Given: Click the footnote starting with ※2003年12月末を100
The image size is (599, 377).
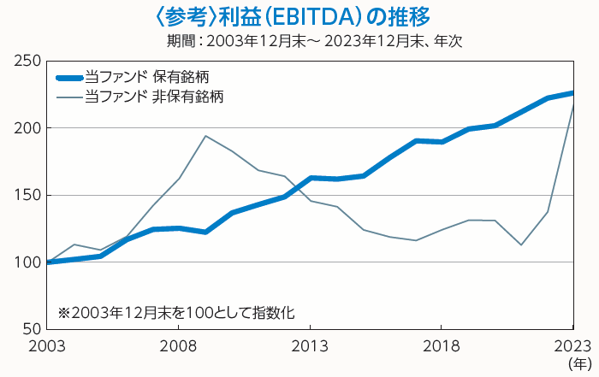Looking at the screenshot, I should (x=176, y=313).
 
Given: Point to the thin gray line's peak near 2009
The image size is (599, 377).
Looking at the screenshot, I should (x=205, y=136).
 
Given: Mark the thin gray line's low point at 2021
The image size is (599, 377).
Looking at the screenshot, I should (x=520, y=244).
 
